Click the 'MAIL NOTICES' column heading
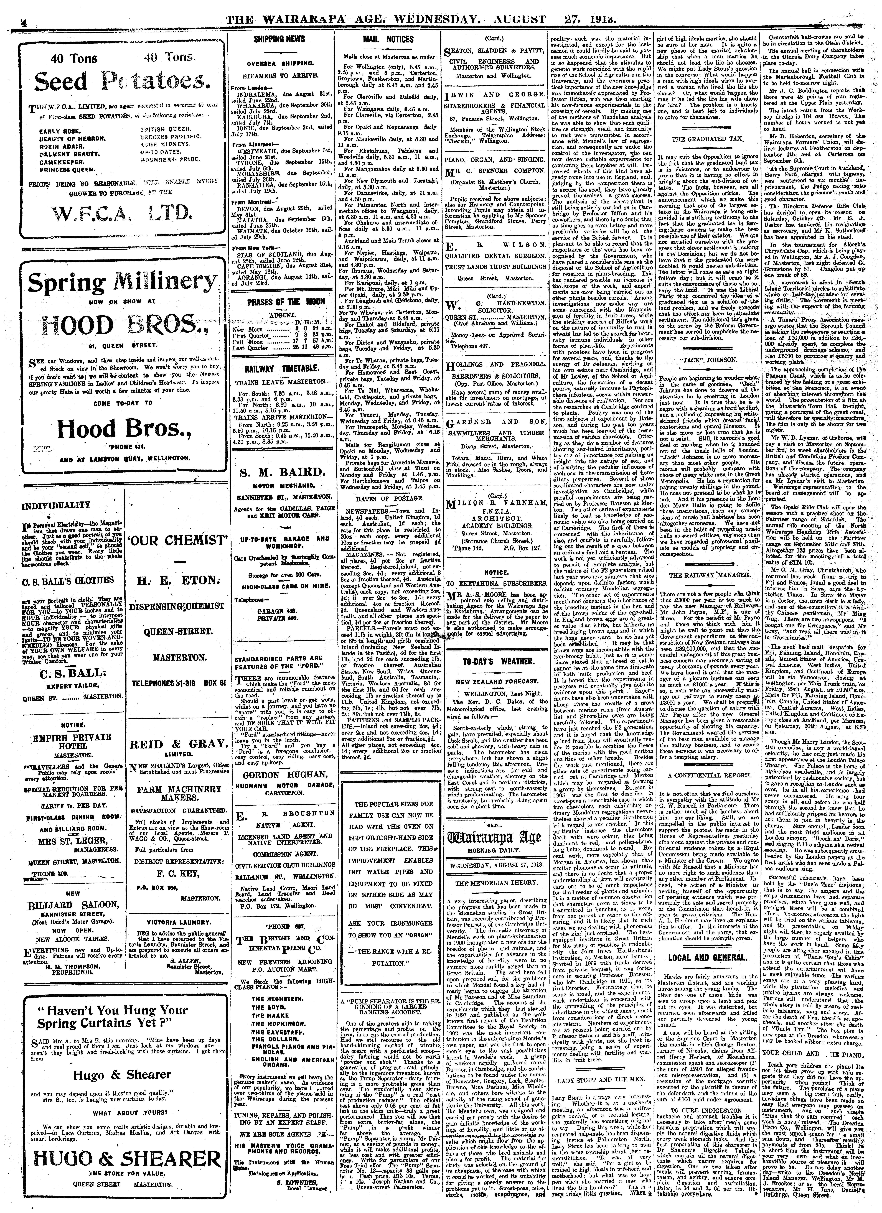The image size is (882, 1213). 388,39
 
